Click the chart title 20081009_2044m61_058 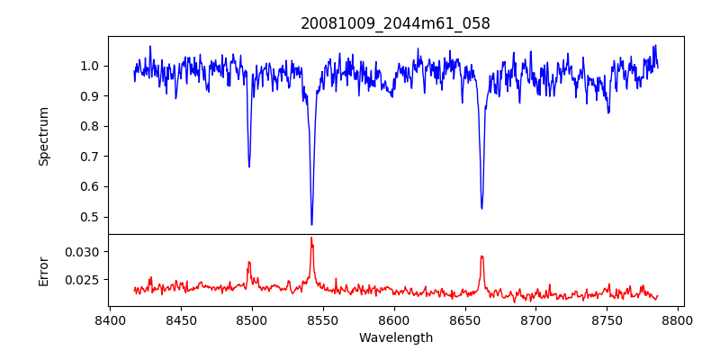pyautogui.click(x=395, y=23)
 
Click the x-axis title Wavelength pyautogui.click(x=395, y=337)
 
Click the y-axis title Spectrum pyautogui.click(x=43, y=136)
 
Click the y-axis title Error pyautogui.click(x=43, y=270)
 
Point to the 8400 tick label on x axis pyautogui.click(x=110, y=319)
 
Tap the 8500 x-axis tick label pyautogui.click(x=252, y=319)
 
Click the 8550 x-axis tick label pyautogui.click(x=323, y=319)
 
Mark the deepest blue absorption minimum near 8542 pyautogui.click(x=311, y=224)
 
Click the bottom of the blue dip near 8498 pyautogui.click(x=249, y=166)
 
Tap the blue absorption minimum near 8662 pyautogui.click(x=481, y=209)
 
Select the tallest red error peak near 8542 pyautogui.click(x=311, y=238)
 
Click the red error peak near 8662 pyautogui.click(x=481, y=256)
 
